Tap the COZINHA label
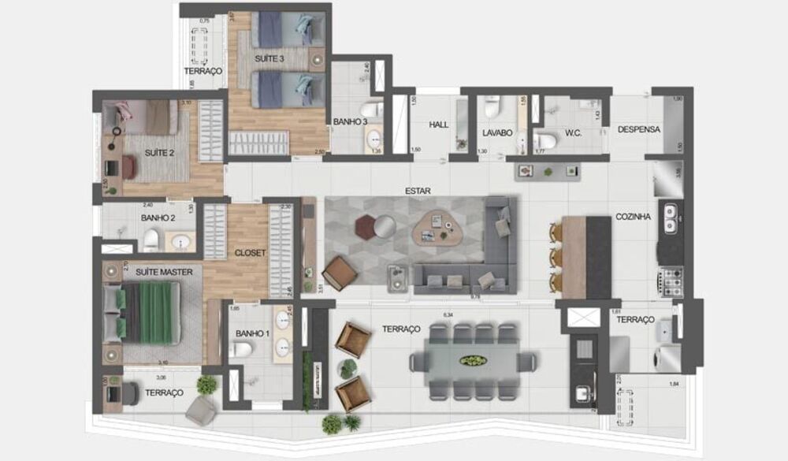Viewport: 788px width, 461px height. coord(634,217)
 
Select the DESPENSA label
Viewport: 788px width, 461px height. coord(638,129)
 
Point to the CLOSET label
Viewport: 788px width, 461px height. coord(250,253)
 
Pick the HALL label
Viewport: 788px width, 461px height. coord(438,125)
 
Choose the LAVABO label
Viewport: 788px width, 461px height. coord(497,133)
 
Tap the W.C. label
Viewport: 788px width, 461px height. coord(573,133)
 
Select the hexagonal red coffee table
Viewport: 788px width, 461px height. coord(365,225)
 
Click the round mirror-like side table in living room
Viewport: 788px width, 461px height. coord(384,226)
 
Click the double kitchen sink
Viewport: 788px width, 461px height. coord(671,219)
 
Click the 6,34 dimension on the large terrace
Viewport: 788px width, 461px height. coord(448,315)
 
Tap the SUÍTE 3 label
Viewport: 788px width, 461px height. coord(269,59)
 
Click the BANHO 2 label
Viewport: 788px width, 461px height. coord(158,217)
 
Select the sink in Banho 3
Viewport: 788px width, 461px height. coord(374,139)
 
